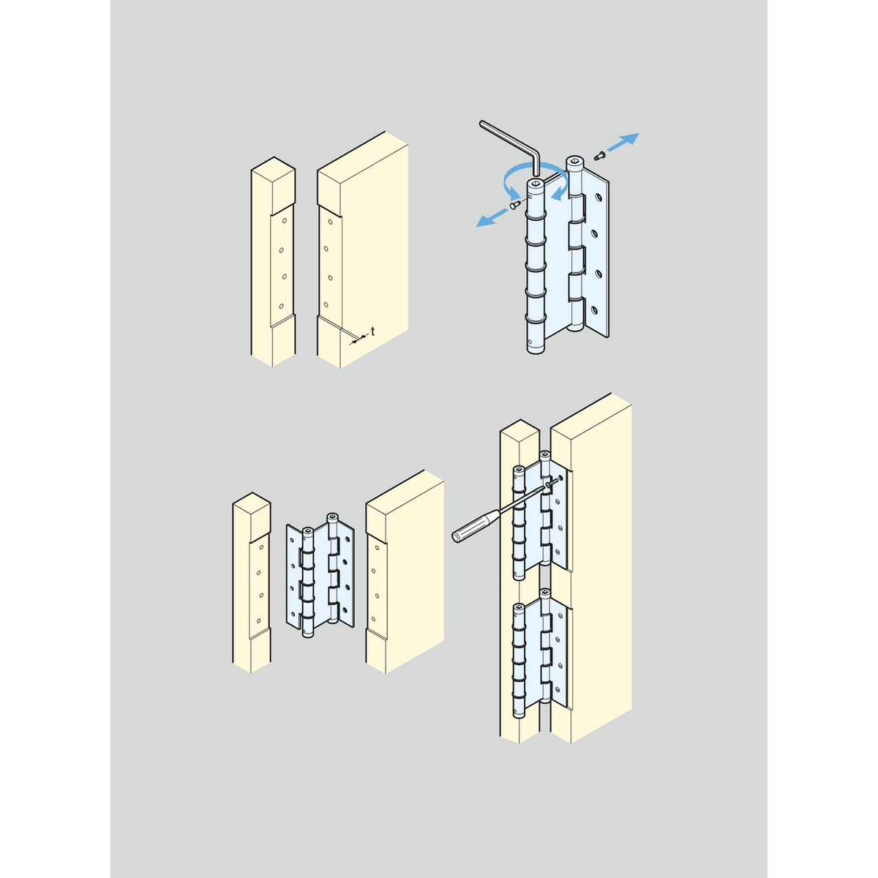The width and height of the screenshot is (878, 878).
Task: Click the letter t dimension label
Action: point(372,331)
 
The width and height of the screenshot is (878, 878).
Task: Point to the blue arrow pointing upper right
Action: point(623,142)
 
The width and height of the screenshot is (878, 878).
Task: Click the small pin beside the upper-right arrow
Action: point(599,156)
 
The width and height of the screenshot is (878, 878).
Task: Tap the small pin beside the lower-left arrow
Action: point(516,205)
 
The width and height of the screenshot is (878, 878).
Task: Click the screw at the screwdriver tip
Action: point(552,483)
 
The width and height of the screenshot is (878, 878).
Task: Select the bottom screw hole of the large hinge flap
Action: point(594,310)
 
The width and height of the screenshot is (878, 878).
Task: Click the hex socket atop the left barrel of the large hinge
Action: point(536,184)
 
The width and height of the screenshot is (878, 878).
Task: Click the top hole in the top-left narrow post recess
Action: point(285,221)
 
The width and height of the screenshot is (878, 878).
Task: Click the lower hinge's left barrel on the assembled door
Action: point(519,660)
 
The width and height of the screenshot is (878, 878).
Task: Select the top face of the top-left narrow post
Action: point(274,170)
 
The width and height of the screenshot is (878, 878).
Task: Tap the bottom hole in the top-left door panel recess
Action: point(326,304)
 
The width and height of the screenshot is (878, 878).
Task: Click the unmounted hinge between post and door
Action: point(320,575)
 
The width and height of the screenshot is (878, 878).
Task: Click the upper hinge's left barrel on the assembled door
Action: point(519,522)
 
